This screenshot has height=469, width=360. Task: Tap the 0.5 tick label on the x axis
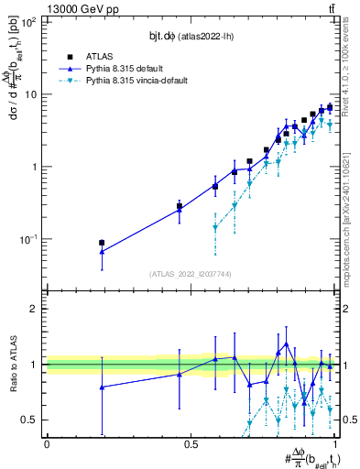[191, 444]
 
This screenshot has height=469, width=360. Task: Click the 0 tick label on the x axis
[47, 444]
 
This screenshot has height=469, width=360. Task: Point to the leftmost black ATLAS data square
[102, 243]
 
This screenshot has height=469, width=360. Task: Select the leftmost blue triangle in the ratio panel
[102, 387]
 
